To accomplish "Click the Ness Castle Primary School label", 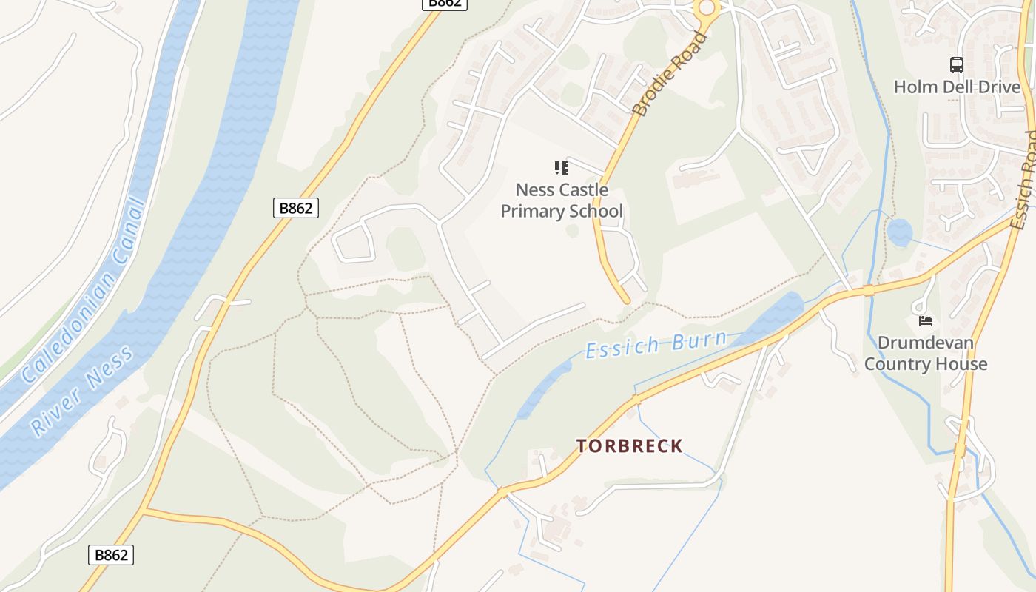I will click(562, 201).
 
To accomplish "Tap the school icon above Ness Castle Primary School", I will click(562, 167).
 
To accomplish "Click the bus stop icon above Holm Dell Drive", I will click(957, 65).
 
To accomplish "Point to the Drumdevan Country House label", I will click(926, 353).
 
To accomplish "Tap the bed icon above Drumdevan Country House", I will click(926, 320).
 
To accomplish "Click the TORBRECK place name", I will click(630, 445).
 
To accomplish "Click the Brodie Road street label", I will click(670, 74).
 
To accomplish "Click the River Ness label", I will click(82, 390).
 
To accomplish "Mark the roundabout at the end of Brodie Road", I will click(707, 7).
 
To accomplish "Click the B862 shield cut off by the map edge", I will click(445, 3).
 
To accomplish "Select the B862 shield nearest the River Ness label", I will click(111, 555).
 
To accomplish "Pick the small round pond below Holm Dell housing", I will click(899, 232).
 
